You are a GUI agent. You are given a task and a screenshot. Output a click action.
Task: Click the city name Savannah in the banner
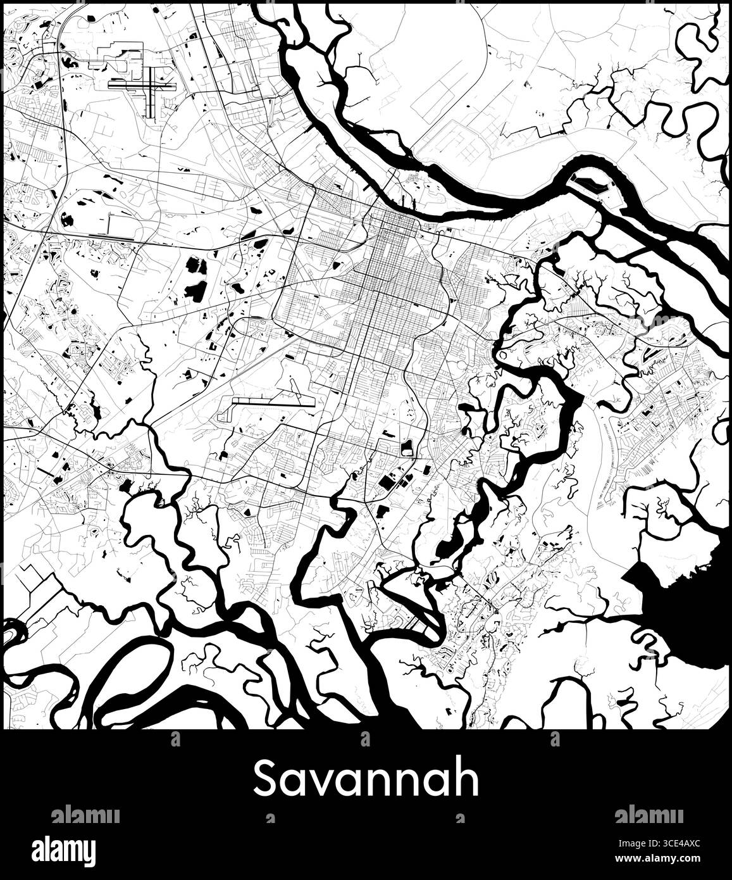pos(366,780)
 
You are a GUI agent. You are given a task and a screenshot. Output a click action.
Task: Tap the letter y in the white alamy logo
pos(89,852)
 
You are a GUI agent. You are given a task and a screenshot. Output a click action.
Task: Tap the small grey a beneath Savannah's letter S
pos(271,819)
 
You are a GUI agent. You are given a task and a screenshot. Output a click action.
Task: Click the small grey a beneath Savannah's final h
pos(457,819)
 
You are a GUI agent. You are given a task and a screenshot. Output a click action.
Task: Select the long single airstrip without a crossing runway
pos(273,401)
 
